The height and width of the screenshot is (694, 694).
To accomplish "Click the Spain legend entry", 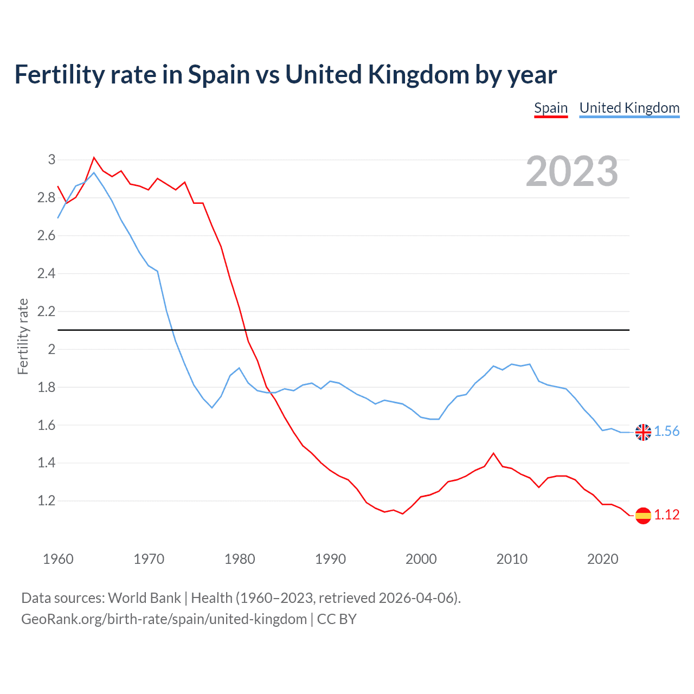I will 551,108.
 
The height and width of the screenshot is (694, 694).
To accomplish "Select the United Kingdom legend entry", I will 629,108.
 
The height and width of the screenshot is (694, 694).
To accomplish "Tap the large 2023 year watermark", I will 572,171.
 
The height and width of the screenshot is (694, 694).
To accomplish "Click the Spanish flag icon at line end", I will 643,515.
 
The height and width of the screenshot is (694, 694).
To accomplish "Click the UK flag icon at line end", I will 643,432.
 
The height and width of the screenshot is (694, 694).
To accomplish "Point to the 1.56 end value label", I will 666,432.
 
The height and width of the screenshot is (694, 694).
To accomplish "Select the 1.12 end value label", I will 666,515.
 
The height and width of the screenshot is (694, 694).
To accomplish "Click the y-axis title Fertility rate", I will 23,336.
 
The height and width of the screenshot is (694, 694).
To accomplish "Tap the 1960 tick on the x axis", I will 58,559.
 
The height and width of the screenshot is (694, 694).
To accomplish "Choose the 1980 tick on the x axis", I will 240,559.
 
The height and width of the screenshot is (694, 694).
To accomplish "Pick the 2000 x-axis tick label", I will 421,559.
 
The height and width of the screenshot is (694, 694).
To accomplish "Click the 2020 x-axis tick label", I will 602,559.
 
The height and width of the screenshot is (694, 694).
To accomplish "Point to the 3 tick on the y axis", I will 52,159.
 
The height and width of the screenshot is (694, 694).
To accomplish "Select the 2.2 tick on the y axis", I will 47,311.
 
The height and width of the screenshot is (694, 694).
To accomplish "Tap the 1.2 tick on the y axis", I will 47,501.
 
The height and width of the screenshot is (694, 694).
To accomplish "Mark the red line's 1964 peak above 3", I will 94,158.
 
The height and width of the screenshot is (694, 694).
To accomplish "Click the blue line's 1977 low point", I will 212,408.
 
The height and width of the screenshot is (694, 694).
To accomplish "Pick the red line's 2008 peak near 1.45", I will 493,453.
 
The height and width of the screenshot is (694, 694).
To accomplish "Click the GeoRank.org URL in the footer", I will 164,619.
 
